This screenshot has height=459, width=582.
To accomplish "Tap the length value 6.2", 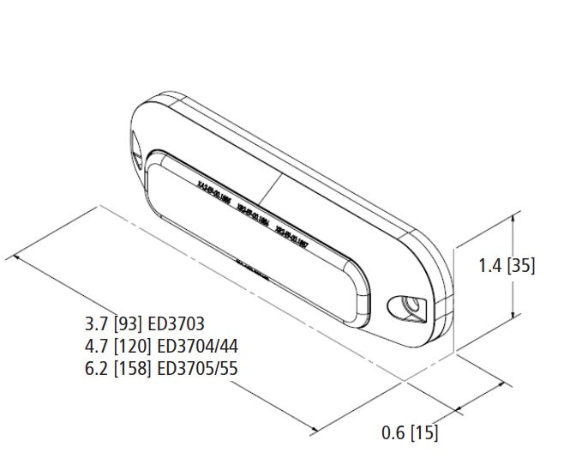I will click(95, 369).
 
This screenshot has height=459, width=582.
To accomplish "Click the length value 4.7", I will click(95, 347).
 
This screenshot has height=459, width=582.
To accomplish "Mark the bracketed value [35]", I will click(521, 266).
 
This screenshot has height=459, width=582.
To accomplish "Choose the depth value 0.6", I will click(394, 433).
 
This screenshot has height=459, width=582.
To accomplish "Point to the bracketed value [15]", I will click(424, 433).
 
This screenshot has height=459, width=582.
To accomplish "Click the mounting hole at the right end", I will click(402, 307).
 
